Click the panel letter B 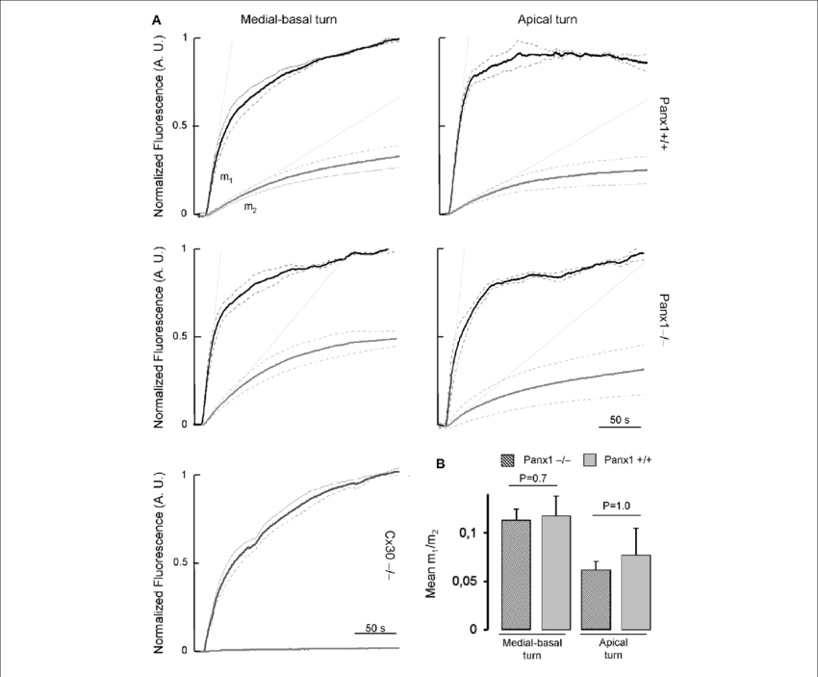[440, 464]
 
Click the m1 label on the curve [223, 178]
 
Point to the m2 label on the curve [248, 206]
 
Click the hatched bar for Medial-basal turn [517, 574]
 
